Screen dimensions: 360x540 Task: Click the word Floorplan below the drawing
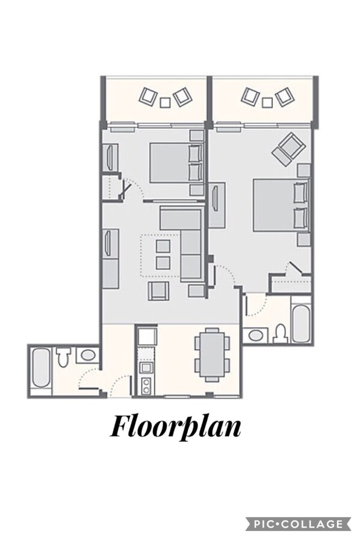click(x=175, y=427)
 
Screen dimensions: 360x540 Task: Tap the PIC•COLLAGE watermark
click(x=298, y=524)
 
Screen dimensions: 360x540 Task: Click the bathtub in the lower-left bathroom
click(x=41, y=368)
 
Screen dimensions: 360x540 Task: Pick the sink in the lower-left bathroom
click(x=88, y=355)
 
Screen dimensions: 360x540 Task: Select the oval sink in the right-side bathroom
click(x=255, y=335)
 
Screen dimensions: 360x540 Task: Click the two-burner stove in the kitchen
click(x=147, y=386)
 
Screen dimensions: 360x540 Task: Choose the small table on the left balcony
click(x=166, y=102)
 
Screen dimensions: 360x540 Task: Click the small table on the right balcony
click(x=267, y=102)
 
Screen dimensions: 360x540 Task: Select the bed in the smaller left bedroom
click(x=176, y=163)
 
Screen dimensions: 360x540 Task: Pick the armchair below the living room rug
click(x=158, y=291)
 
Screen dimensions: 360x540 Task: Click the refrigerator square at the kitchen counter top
click(x=147, y=337)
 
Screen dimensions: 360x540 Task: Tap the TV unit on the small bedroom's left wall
click(x=111, y=157)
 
